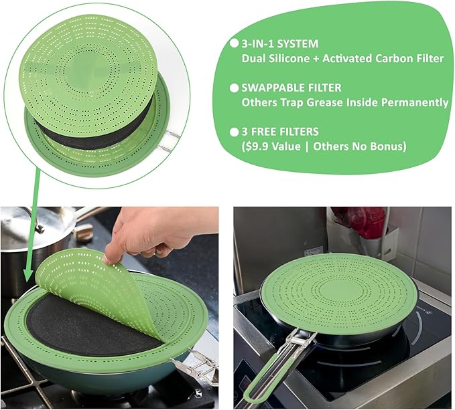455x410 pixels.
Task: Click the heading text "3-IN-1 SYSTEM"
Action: tap(280, 43)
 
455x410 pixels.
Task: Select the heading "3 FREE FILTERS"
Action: tap(282, 131)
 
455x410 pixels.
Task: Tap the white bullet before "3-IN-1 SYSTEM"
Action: tap(234, 43)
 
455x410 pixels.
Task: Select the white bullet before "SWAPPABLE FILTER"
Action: tap(234, 88)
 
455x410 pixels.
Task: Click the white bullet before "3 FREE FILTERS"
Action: tap(234, 131)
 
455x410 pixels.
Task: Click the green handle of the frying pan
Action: tap(268, 379)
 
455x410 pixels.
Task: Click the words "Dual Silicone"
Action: tap(275, 58)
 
